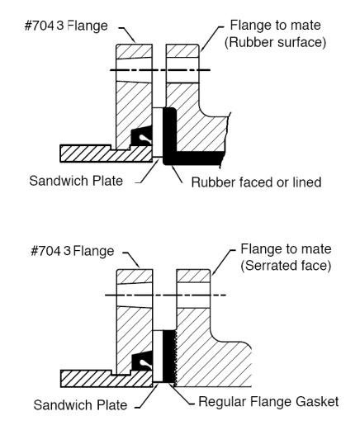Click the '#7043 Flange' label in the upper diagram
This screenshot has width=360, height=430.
66,26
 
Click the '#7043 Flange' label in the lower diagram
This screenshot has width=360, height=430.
72,251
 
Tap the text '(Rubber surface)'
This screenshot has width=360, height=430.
275,42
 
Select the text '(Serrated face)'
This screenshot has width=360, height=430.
286,266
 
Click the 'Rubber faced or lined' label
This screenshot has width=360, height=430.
256,182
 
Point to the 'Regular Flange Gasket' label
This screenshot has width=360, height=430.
268,402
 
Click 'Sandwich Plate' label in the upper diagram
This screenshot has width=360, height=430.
76,181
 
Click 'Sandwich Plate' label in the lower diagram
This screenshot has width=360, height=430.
80,405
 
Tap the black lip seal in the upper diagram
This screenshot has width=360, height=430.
141,135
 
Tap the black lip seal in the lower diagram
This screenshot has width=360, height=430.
142,361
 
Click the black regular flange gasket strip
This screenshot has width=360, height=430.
168,357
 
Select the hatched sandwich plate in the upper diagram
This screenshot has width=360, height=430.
106,154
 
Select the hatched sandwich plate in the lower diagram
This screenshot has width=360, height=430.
106,379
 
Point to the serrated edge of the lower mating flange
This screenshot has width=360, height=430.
175,357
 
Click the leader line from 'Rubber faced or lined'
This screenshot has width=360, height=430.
177,173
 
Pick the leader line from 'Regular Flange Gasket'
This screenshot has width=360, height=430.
180,394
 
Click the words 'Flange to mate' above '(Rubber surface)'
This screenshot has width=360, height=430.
276,26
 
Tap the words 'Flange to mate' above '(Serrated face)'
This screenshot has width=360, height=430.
286,249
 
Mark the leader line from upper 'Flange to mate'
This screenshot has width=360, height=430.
211,38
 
